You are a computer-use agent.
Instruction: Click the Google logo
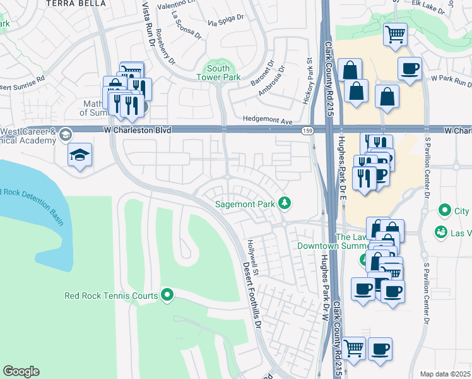click(x=21, y=371)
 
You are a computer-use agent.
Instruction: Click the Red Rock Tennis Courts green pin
click(x=167, y=295)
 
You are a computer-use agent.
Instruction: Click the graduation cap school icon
click(x=80, y=155)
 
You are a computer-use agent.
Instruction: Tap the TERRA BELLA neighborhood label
click(x=74, y=3)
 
